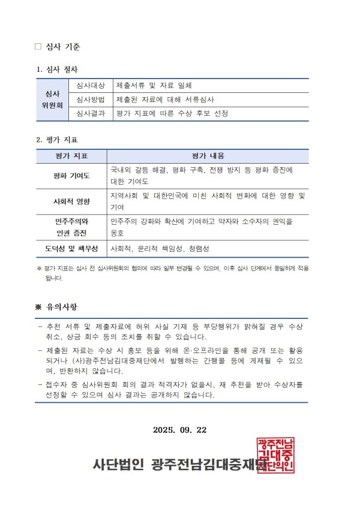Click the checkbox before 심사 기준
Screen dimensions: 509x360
38,46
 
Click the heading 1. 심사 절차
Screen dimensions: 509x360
57,70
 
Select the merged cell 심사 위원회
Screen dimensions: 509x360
53,100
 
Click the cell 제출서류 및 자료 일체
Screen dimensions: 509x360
154,86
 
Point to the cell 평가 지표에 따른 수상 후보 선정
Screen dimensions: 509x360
172,113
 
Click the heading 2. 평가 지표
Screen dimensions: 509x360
57,140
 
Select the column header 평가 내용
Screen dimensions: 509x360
208,156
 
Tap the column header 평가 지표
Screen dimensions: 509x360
71,156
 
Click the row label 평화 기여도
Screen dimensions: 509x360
71,176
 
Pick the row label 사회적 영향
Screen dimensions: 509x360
71,201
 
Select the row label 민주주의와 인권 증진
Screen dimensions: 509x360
71,227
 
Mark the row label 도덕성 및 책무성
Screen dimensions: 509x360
71,248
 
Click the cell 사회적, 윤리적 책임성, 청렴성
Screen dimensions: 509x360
160,248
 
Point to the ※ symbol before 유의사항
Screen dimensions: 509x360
40,307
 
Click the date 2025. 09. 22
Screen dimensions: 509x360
180,430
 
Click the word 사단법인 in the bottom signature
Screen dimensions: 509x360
118,463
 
